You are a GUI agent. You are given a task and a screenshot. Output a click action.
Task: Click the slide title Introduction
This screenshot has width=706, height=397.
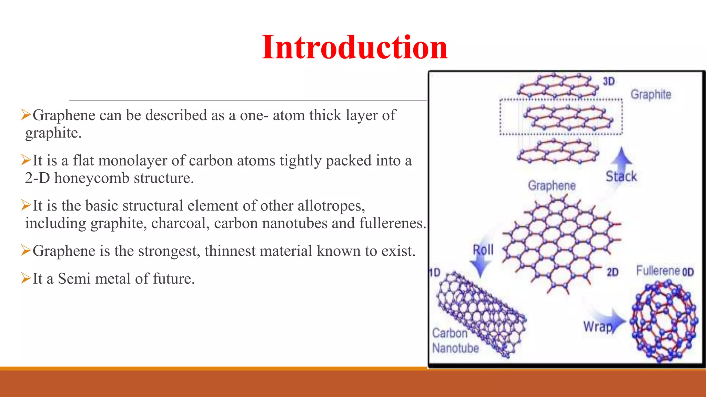354,47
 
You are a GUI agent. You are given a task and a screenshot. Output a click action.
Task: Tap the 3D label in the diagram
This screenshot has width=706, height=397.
608,81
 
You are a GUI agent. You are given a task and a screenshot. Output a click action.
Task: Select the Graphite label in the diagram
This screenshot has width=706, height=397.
651,94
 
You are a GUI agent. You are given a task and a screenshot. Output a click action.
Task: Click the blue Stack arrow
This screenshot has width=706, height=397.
621,158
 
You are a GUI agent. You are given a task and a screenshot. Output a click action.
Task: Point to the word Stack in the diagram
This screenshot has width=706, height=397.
621,176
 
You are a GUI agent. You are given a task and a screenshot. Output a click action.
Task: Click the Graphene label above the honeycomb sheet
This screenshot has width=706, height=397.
552,185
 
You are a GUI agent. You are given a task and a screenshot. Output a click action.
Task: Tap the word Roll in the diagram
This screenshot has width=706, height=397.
483,250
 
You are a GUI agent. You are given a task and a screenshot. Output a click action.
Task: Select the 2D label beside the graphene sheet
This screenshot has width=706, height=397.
612,272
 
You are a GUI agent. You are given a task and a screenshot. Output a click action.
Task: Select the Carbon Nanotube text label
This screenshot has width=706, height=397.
455,340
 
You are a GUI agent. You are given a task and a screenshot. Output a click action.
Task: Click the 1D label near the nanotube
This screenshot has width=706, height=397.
435,273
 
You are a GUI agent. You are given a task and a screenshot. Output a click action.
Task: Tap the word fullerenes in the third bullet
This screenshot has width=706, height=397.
393,223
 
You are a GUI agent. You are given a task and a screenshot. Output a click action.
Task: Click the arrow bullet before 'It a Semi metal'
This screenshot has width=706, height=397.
26,278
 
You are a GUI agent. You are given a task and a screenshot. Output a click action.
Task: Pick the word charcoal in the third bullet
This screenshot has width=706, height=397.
180,223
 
